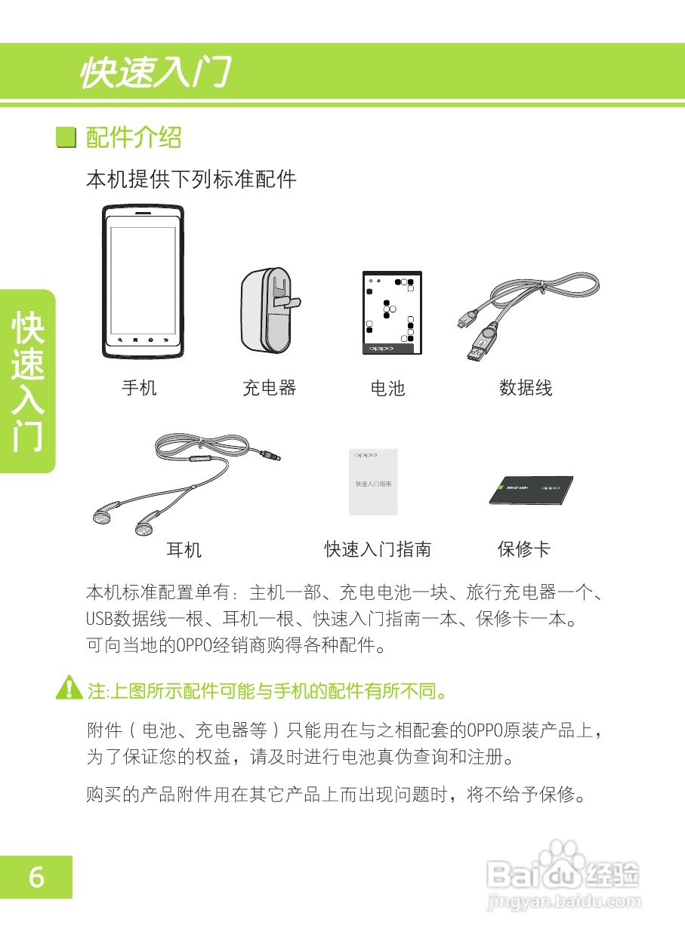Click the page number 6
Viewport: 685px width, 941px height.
click(x=36, y=878)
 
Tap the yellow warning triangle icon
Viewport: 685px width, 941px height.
click(x=69, y=688)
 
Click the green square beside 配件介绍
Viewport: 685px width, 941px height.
click(x=67, y=138)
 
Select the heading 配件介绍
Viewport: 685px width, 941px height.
click(x=134, y=137)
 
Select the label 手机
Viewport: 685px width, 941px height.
click(x=140, y=388)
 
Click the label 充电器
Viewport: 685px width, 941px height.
click(x=269, y=388)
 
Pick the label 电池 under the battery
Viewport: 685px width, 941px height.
click(x=388, y=389)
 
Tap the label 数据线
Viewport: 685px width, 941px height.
click(x=526, y=388)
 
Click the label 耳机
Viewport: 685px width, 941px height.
click(x=184, y=550)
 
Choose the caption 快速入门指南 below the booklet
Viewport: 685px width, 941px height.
click(x=378, y=550)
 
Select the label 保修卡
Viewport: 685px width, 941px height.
click(x=524, y=550)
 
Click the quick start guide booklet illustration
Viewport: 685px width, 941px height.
click(x=373, y=483)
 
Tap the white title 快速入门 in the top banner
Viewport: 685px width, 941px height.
click(x=154, y=73)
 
